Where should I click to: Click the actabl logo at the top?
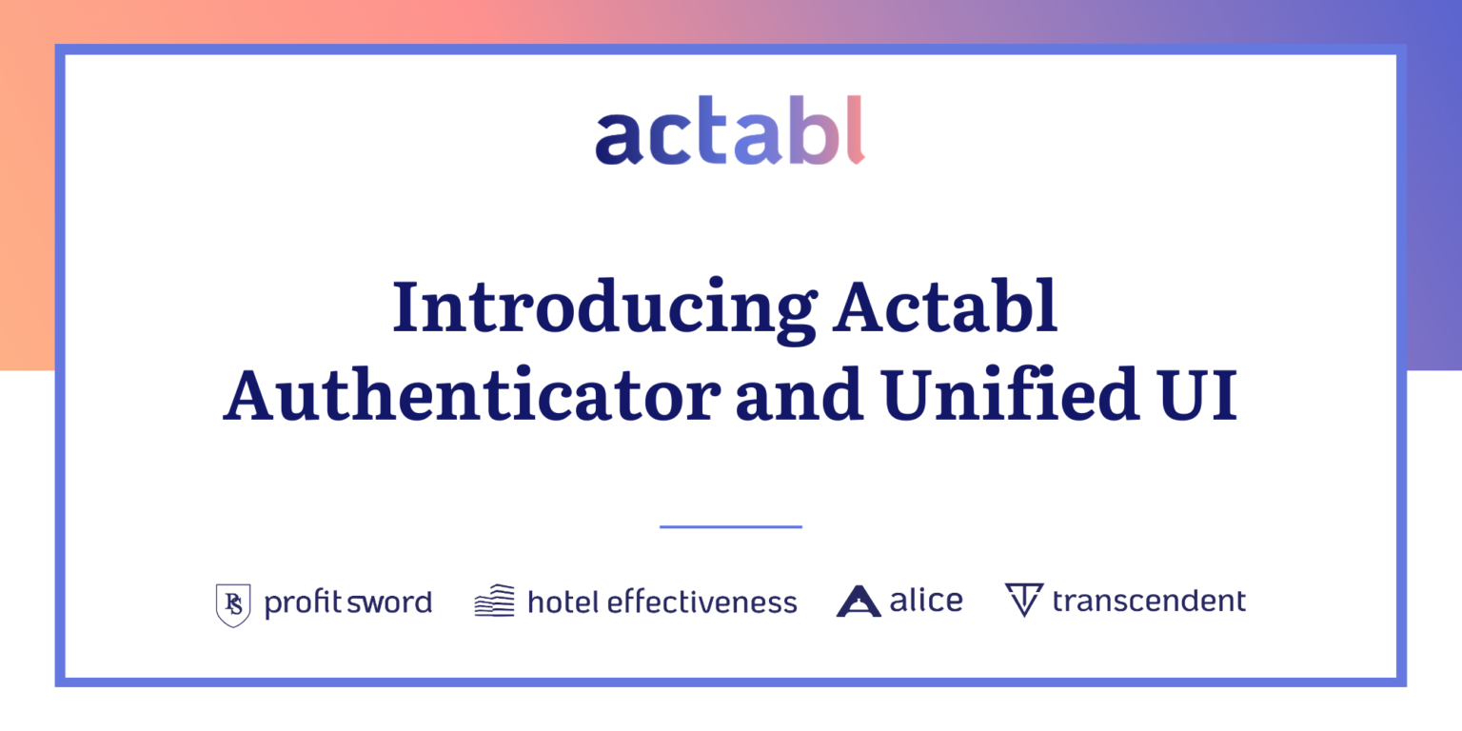730,130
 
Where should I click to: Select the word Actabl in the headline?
945,306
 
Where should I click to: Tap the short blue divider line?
730,526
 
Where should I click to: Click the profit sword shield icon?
233,604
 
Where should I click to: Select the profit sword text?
348,603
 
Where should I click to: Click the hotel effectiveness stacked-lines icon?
494,601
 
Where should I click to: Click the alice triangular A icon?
859,602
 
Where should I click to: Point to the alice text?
925,600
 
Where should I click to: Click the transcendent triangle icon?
1024,600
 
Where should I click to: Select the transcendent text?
1149,601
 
